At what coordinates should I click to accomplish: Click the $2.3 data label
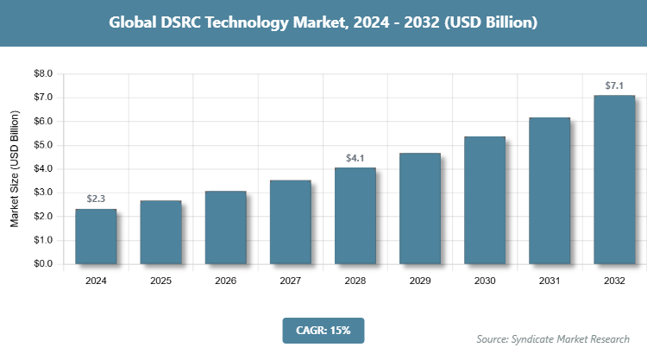click(96, 199)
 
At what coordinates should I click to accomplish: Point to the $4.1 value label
click(355, 158)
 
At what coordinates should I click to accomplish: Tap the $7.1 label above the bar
click(614, 85)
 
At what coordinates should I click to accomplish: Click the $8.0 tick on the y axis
click(43, 74)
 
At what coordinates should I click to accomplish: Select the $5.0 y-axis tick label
click(43, 145)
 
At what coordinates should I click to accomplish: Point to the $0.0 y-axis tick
click(43, 264)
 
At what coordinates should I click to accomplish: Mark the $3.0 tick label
click(43, 193)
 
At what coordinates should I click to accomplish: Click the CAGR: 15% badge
click(323, 330)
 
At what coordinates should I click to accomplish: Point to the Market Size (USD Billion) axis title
click(15, 169)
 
